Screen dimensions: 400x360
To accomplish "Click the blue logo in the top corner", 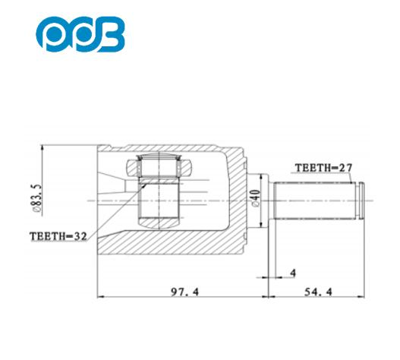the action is click(x=80, y=34).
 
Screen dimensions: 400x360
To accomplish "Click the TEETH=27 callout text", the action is click(x=323, y=168).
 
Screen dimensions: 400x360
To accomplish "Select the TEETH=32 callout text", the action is click(x=58, y=236).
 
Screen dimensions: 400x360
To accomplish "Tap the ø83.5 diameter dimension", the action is click(x=36, y=198).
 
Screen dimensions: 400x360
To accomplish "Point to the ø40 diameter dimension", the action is click(x=255, y=197).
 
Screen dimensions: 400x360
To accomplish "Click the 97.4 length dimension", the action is click(x=184, y=292).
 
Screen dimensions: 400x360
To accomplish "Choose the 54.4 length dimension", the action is click(x=318, y=292).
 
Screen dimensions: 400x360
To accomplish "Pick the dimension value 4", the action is click(x=293, y=273).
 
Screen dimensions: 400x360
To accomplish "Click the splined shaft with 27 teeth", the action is click(x=315, y=201).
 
